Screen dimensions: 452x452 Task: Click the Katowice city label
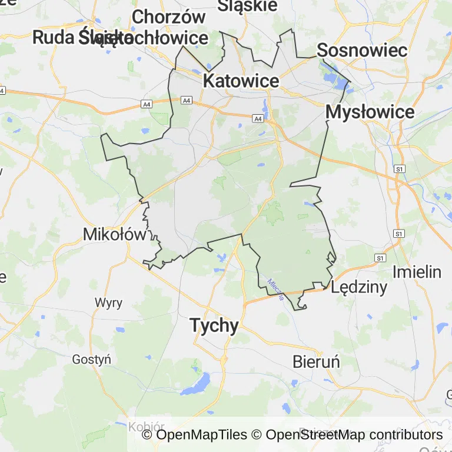[241, 81]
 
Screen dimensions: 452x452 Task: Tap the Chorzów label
[168, 17]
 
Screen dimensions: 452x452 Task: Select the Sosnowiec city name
[362, 50]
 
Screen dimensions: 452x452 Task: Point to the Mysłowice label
[370, 112]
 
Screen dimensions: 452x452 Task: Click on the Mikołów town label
[114, 234]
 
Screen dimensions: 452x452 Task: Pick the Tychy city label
[214, 325]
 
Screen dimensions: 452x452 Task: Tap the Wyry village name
[109, 303]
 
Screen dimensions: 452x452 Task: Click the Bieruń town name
[316, 361]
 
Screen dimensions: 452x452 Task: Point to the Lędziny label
[359, 287]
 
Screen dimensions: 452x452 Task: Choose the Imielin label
[417, 272]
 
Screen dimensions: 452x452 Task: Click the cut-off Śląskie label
[247, 5]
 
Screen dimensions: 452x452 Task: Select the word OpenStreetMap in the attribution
[302, 435]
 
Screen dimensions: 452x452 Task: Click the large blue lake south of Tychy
[195, 385]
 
